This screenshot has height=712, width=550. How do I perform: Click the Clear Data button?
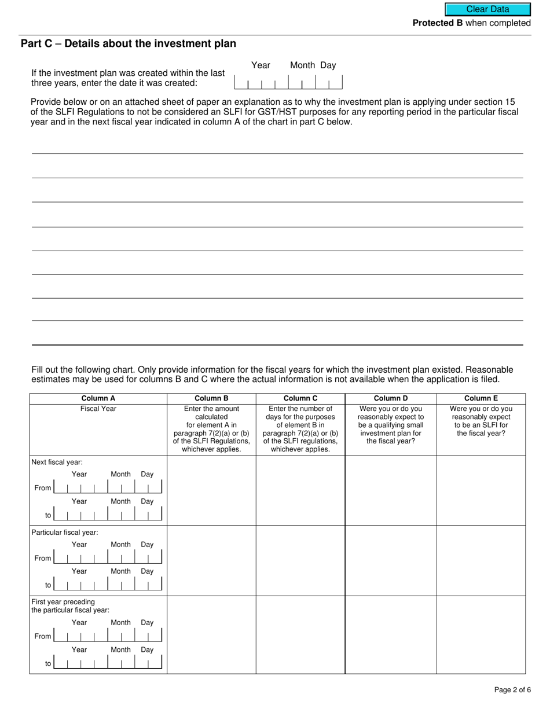(487, 9)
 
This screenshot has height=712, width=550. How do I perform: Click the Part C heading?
(128, 44)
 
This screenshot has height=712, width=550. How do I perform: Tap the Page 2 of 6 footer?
(512, 689)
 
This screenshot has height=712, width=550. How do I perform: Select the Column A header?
(98, 398)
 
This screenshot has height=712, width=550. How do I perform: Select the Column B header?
(211, 398)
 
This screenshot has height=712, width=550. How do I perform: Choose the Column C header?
(300, 398)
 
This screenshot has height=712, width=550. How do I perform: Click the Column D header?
(391, 398)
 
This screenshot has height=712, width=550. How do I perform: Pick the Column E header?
(481, 398)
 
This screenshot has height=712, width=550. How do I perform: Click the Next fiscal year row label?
(57, 462)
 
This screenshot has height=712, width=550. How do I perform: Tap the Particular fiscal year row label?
(65, 532)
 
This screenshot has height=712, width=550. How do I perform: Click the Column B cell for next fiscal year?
(211, 490)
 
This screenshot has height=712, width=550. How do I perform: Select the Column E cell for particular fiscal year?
(481, 560)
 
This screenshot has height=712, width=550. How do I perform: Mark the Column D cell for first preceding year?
(391, 634)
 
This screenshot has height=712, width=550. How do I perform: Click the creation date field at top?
(288, 82)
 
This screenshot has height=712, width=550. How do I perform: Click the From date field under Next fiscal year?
(108, 488)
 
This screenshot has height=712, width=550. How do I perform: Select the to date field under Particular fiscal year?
(108, 585)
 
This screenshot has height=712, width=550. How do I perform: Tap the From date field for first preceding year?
(108, 636)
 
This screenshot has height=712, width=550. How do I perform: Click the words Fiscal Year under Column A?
(98, 409)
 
